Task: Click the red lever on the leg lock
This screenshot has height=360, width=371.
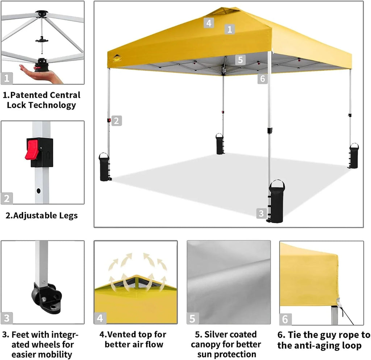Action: click(x=32, y=149)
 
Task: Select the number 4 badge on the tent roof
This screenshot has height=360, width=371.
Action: click(x=208, y=23)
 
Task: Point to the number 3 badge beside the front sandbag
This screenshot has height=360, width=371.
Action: click(x=261, y=214)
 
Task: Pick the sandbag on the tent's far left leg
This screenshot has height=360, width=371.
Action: click(x=104, y=167)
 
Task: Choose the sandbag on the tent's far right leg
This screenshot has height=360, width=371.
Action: click(x=354, y=156)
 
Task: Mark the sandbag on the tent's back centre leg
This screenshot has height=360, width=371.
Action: click(x=220, y=144)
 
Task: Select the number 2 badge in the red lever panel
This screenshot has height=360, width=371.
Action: click(x=7, y=198)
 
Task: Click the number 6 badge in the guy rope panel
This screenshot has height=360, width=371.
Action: click(x=285, y=319)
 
